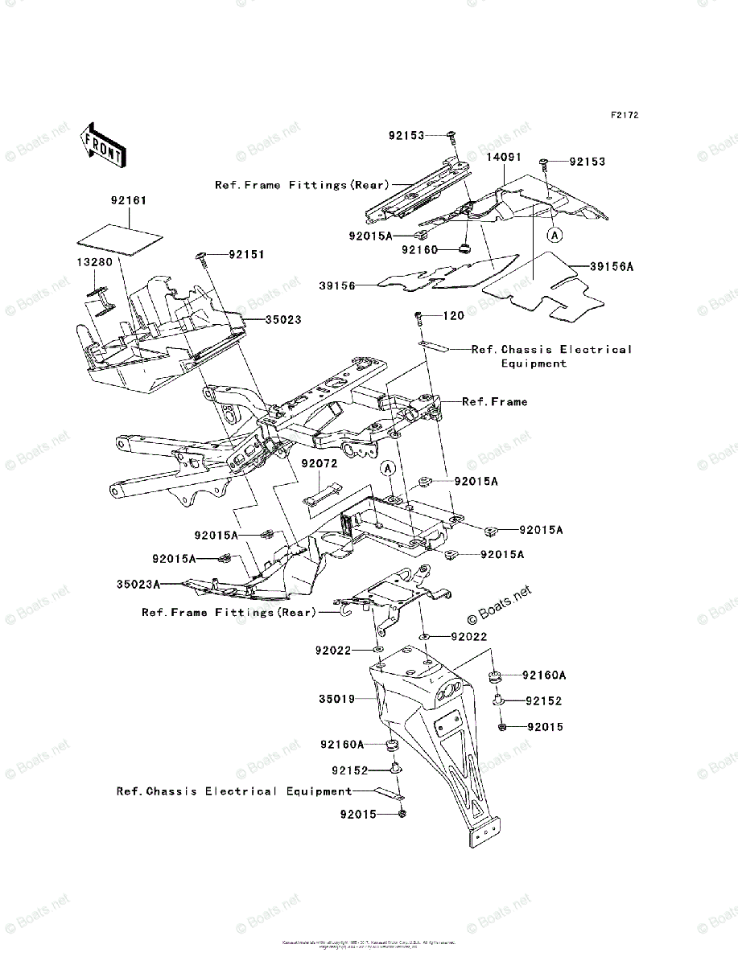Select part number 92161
coord(129,200)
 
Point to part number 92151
coord(245,254)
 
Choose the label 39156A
coord(612,266)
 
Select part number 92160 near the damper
coord(420,249)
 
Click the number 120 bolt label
coord(453,316)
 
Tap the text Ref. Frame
coord(494,401)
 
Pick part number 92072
coord(320,464)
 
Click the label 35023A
coord(138,583)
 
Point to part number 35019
coord(336,699)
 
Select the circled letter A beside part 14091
coord(554,235)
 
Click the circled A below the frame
coord(387,468)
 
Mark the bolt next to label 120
coord(418,317)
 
